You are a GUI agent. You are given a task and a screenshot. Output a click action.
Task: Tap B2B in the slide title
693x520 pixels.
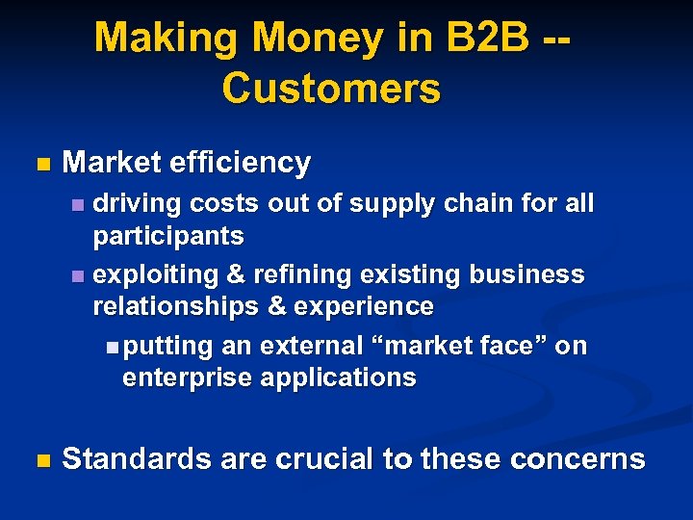[x=474, y=39]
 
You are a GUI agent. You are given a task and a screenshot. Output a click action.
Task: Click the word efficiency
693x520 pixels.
[x=240, y=163]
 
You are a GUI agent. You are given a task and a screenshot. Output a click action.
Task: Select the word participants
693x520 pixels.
[x=168, y=236]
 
